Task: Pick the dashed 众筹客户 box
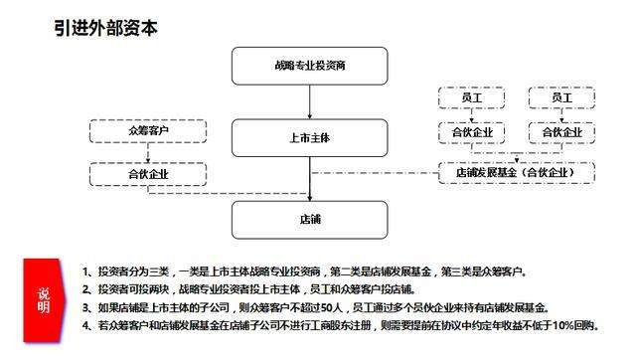pos(147,131)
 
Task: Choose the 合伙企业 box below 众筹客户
pos(147,173)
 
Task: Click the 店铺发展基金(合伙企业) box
pos(521,173)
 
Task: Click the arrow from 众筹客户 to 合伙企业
pos(147,152)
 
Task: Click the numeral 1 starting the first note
pos(86,270)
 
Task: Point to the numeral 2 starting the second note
pos(86,288)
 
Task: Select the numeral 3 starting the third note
pos(86,306)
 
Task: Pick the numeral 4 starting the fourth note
pos(86,325)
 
